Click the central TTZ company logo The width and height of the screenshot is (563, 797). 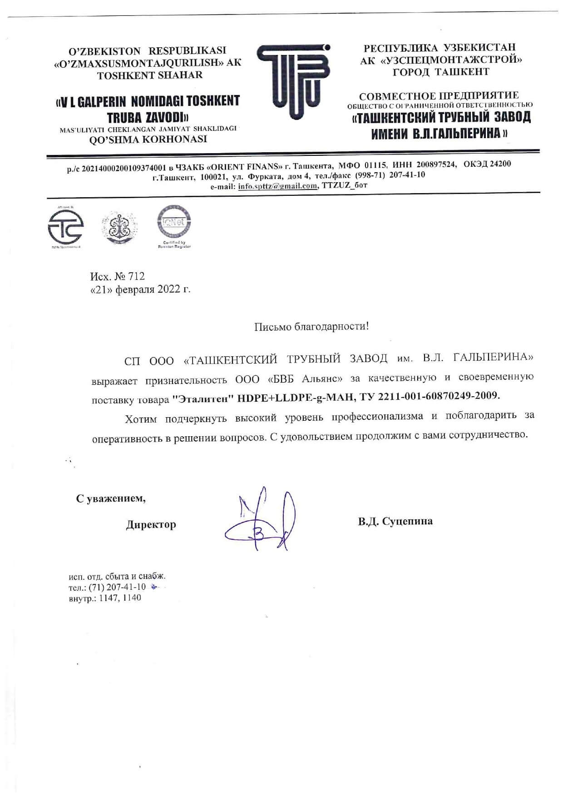coord(294,82)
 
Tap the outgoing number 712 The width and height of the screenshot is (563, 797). coord(136,276)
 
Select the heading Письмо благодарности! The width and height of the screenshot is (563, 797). coord(311,326)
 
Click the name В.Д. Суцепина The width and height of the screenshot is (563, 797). coord(395,521)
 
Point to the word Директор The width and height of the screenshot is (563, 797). coord(151,524)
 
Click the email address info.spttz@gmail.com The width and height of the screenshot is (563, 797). coord(277,186)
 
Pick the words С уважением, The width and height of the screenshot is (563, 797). coord(111,498)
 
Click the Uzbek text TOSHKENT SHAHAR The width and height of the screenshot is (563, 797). coord(150,75)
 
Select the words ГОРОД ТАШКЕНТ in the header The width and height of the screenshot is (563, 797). coord(441,72)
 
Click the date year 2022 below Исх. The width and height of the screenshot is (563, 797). coord(169,289)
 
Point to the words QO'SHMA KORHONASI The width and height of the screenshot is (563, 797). coord(148,139)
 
